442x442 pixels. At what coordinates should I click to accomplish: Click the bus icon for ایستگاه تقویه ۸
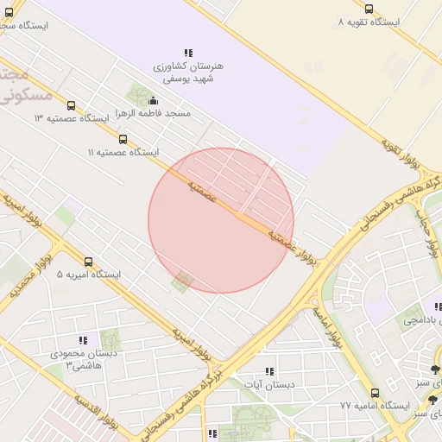tap(369, 9)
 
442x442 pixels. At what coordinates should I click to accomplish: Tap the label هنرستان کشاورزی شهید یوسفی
tap(188, 72)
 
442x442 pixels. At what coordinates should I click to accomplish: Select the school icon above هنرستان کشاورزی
tap(188, 54)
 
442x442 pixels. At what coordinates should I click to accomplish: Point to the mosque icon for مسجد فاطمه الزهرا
tap(153, 100)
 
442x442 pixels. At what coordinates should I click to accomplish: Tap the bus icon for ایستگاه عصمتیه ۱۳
tap(71, 105)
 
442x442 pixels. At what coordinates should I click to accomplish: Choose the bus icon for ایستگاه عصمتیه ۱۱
tap(123, 139)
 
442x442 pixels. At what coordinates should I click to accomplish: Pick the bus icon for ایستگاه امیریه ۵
tap(88, 262)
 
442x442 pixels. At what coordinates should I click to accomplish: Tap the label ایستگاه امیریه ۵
tap(89, 275)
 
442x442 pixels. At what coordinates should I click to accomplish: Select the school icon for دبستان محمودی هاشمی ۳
tap(83, 341)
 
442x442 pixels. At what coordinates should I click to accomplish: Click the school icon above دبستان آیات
tap(270, 371)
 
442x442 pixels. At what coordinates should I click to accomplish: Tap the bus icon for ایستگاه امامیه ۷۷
tap(374, 393)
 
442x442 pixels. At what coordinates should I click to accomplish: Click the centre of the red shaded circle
tap(221, 220)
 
